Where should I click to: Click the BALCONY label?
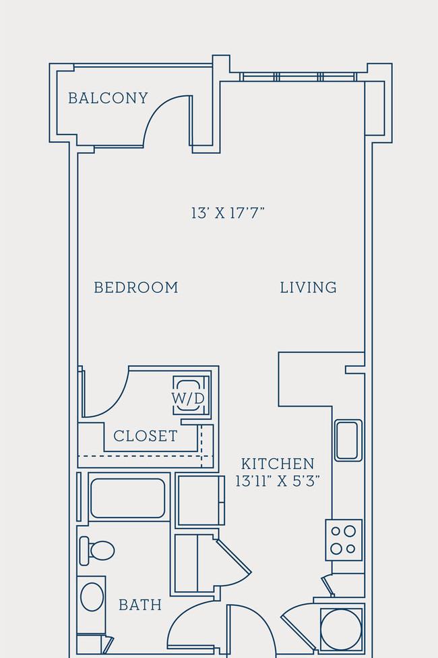coord(108,99)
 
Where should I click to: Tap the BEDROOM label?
coord(136,287)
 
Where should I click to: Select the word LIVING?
coord(309,287)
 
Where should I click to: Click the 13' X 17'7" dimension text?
coord(228,213)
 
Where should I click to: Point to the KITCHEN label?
coord(278,464)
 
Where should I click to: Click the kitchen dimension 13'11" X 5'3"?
coord(278,481)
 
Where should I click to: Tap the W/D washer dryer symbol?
coord(188,395)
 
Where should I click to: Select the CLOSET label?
coord(146,436)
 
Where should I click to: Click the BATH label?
coord(140,605)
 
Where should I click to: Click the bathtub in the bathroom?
coord(128,498)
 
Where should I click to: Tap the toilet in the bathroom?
coord(97,551)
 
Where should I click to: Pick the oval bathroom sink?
coord(92,597)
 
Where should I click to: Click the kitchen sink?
coord(348,440)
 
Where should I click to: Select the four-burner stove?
coord(344,540)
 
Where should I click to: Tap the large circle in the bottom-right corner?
coord(341,630)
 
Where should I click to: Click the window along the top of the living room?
coord(298,77)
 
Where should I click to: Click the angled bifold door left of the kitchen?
coord(232,559)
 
